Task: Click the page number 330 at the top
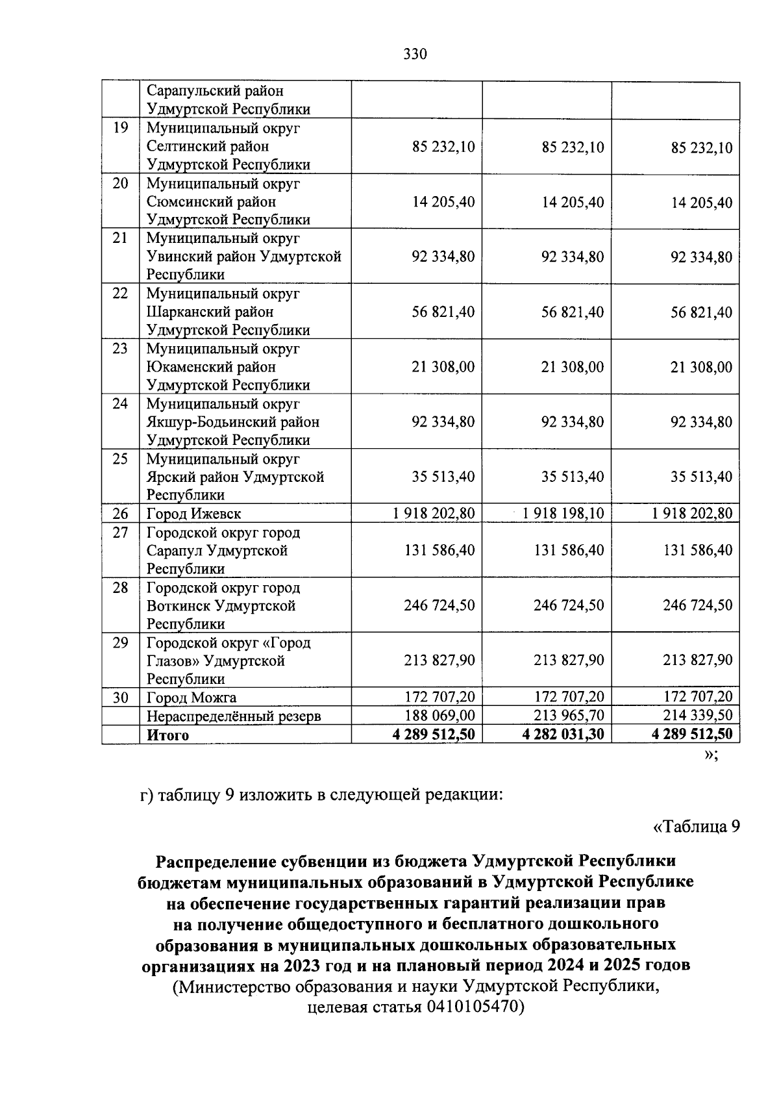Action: coord(415,55)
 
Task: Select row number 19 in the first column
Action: coord(120,129)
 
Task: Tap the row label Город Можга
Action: coord(192,698)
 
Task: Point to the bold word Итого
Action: coord(167,736)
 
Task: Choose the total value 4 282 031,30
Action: coord(563,735)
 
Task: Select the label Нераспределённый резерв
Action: coord(234,717)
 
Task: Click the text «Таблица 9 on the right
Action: coord(695,827)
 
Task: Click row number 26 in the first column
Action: coord(120,514)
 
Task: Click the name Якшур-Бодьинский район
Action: coord(233,422)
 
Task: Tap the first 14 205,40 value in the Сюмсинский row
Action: coord(443,203)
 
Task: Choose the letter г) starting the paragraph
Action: coord(147,795)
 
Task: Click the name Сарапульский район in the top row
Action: coord(215,92)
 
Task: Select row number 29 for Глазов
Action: coord(120,643)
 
